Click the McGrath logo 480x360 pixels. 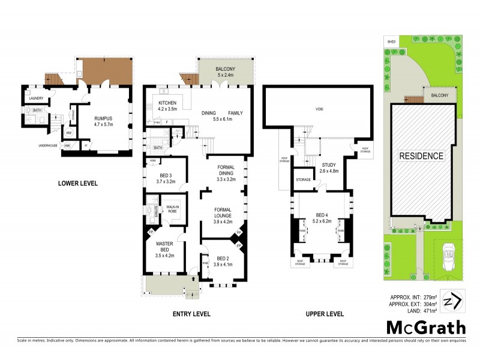pos(425,328)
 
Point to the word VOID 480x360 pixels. pos(319,109)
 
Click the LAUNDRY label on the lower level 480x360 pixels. pos(36,98)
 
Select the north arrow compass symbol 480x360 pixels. pos(453,300)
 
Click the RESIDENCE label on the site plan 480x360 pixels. pos(422,156)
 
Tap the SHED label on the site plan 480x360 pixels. pos(391,42)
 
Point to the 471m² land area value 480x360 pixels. pos(431,310)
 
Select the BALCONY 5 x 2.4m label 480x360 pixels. pos(226,72)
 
